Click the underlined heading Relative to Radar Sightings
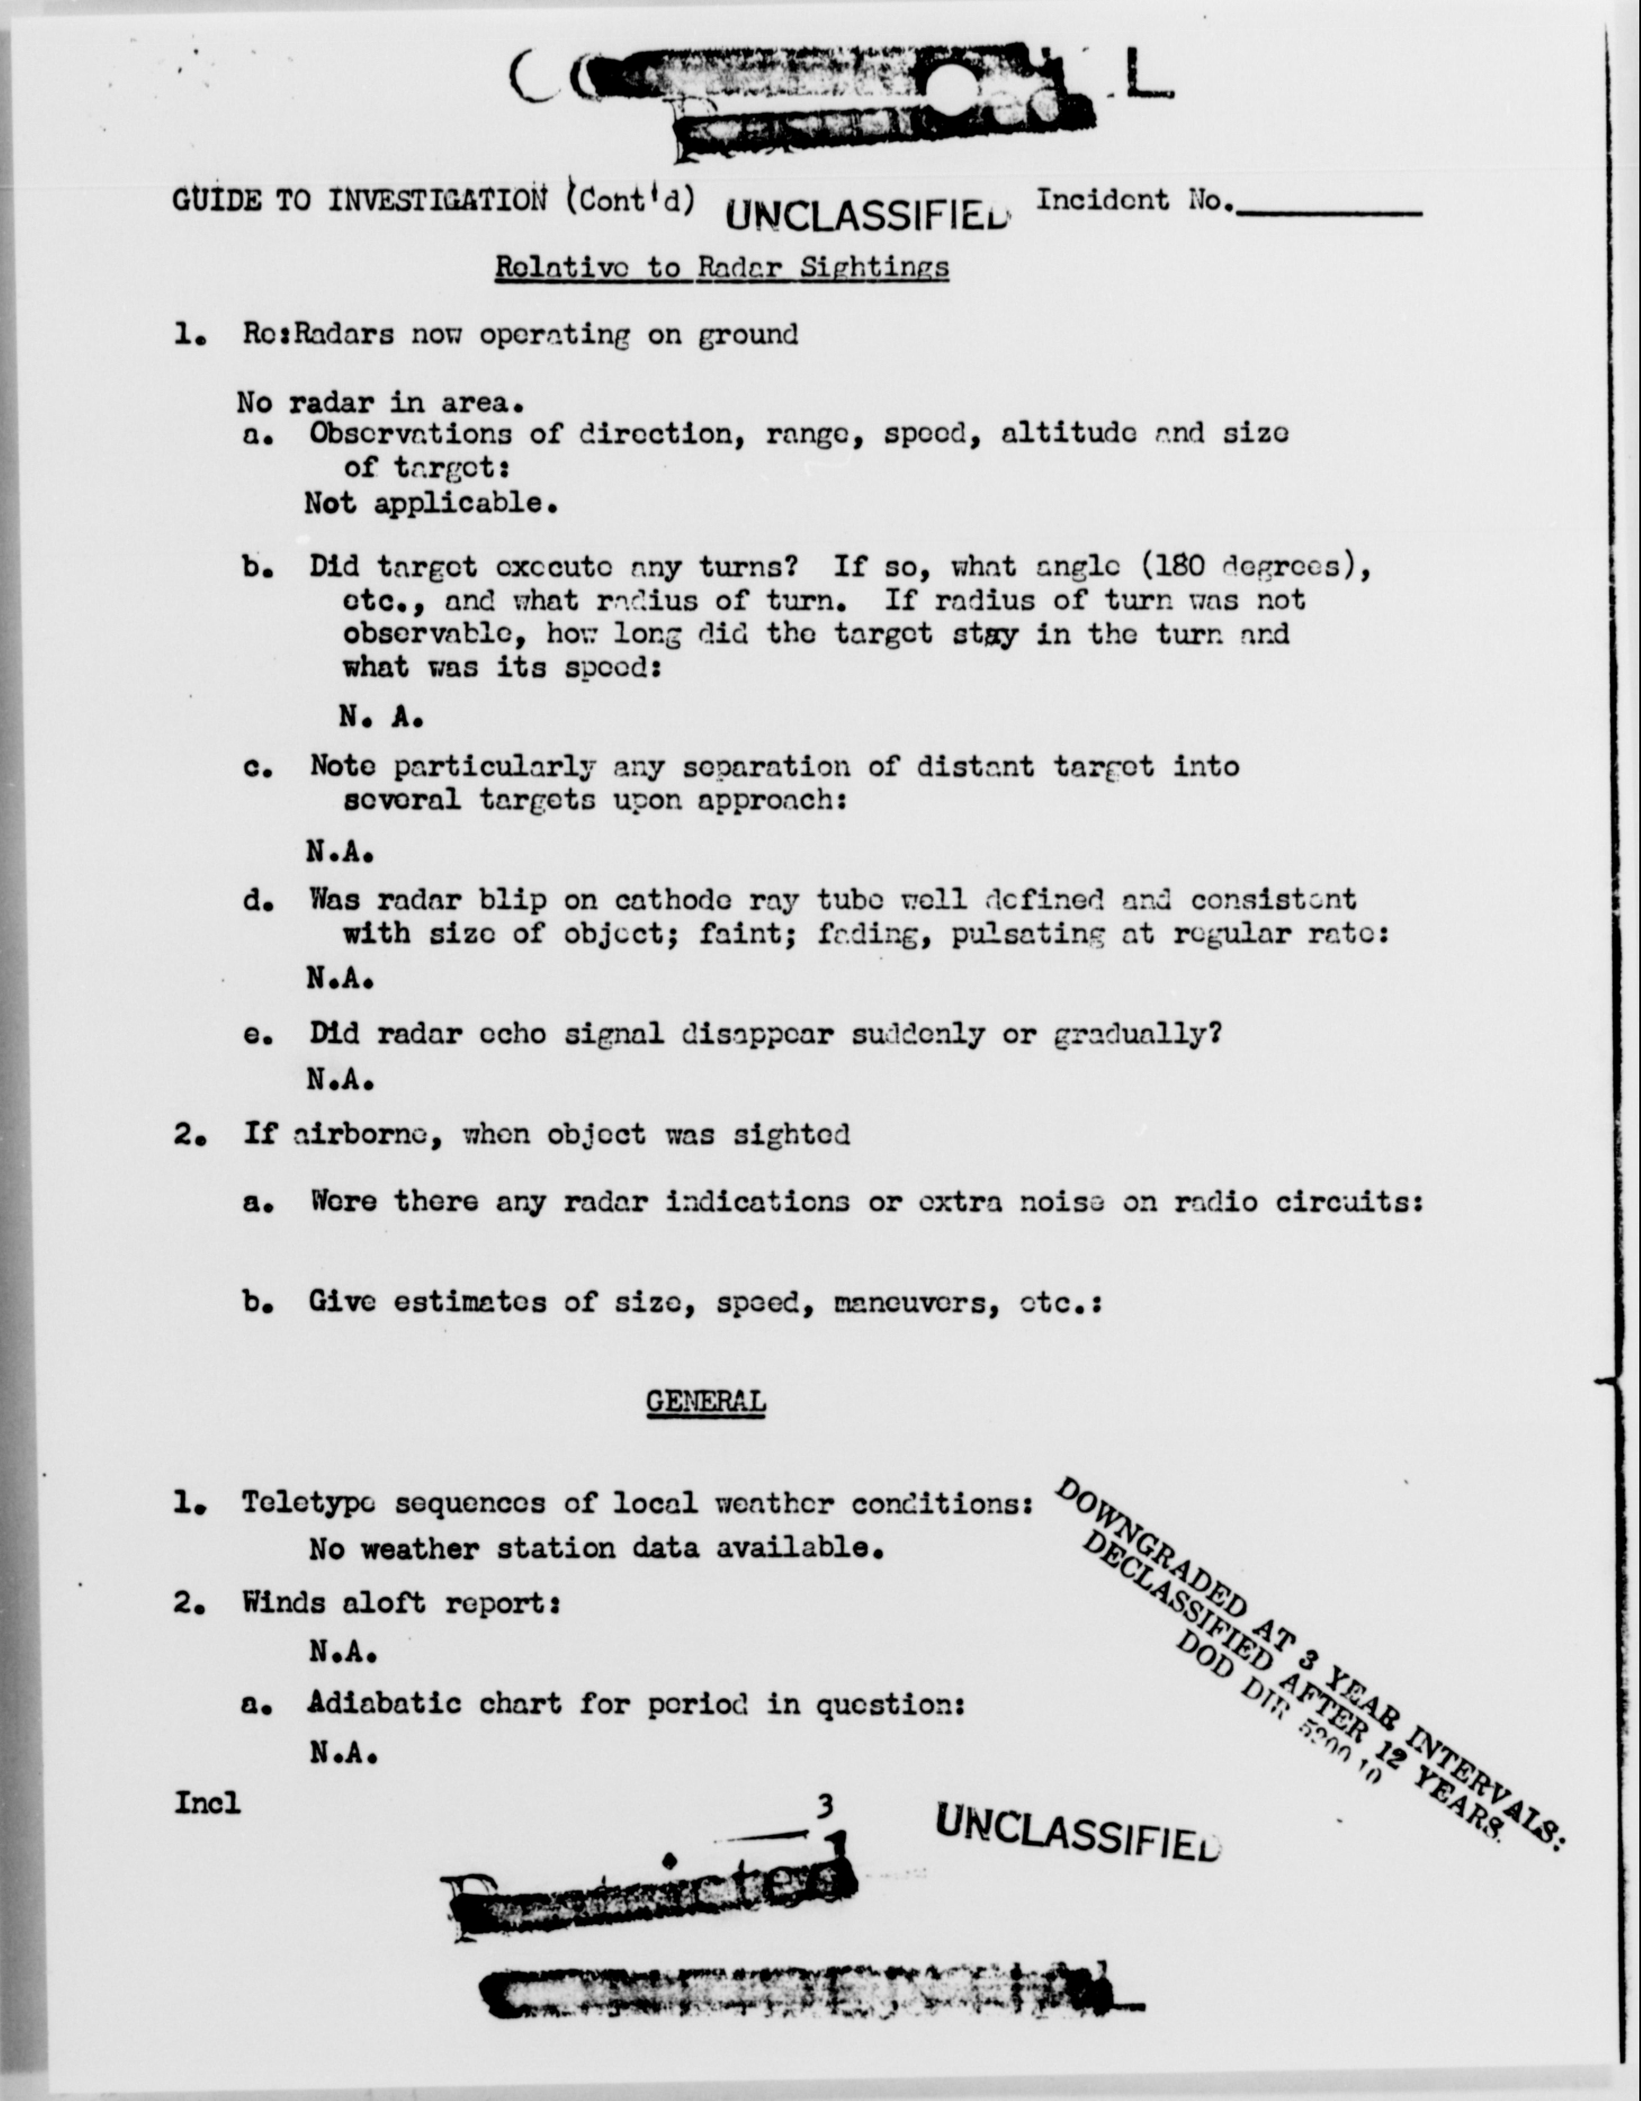pyautogui.click(x=721, y=267)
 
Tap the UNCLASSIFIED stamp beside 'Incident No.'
pyautogui.click(x=868, y=214)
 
